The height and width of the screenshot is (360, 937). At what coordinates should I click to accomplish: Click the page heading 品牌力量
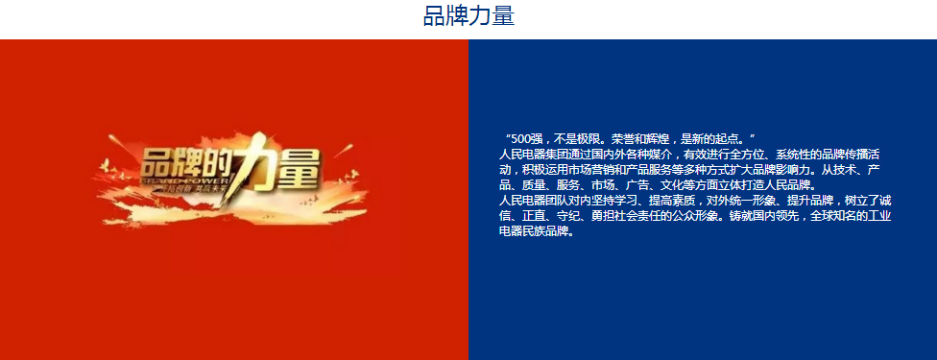(x=468, y=16)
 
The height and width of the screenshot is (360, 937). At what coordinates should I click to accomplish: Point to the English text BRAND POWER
(x=182, y=180)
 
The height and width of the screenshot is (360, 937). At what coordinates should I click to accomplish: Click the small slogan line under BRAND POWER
(x=182, y=189)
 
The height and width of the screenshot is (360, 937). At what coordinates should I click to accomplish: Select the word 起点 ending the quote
(x=733, y=138)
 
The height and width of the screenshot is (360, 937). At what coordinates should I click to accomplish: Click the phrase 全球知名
(x=831, y=216)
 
